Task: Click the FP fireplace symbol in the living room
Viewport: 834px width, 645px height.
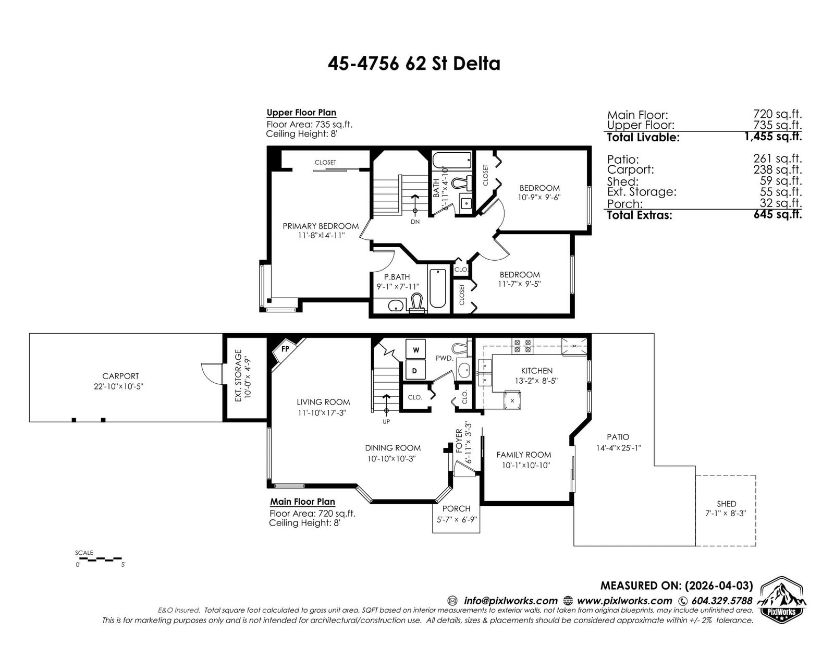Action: pyautogui.click(x=285, y=349)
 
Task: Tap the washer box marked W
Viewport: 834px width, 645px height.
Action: pyautogui.click(x=415, y=349)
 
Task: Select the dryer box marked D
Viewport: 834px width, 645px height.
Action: pyautogui.click(x=415, y=371)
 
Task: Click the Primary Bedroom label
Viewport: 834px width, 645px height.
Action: pyautogui.click(x=321, y=226)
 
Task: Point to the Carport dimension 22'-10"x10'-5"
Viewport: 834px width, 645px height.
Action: pyautogui.click(x=120, y=386)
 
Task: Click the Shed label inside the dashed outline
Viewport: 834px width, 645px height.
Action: pyautogui.click(x=726, y=504)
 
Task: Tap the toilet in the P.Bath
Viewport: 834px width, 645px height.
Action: pyautogui.click(x=416, y=303)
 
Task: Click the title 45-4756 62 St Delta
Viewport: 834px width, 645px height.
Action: pyautogui.click(x=414, y=64)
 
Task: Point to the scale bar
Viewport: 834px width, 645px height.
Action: pyautogui.click(x=99, y=559)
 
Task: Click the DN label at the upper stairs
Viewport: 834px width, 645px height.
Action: pyautogui.click(x=415, y=222)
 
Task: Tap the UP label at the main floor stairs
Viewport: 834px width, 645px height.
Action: pyautogui.click(x=386, y=421)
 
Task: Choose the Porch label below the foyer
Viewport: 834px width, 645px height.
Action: pyautogui.click(x=456, y=508)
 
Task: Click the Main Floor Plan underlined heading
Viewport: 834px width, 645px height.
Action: pyautogui.click(x=302, y=502)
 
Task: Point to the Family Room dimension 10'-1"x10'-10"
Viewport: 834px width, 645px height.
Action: pyautogui.click(x=523, y=465)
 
